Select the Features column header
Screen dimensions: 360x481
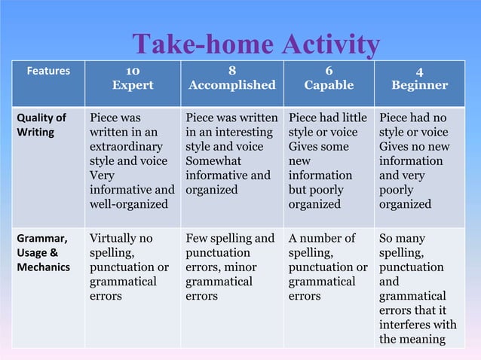[48, 72]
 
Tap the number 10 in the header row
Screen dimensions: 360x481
[132, 71]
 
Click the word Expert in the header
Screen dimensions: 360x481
[132, 85]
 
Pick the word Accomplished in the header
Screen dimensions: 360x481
[231, 85]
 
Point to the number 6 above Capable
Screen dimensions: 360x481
[329, 71]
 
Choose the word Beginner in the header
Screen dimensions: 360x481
[419, 85]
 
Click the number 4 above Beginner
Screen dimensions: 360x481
[419, 72]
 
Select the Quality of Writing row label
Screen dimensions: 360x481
[41, 125]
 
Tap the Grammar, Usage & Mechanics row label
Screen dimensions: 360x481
[43, 252]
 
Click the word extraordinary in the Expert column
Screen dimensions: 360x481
[124, 147]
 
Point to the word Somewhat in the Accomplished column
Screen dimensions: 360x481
[213, 161]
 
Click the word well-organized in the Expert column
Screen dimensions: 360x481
[126, 204]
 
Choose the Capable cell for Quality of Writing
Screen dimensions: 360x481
[328, 161]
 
